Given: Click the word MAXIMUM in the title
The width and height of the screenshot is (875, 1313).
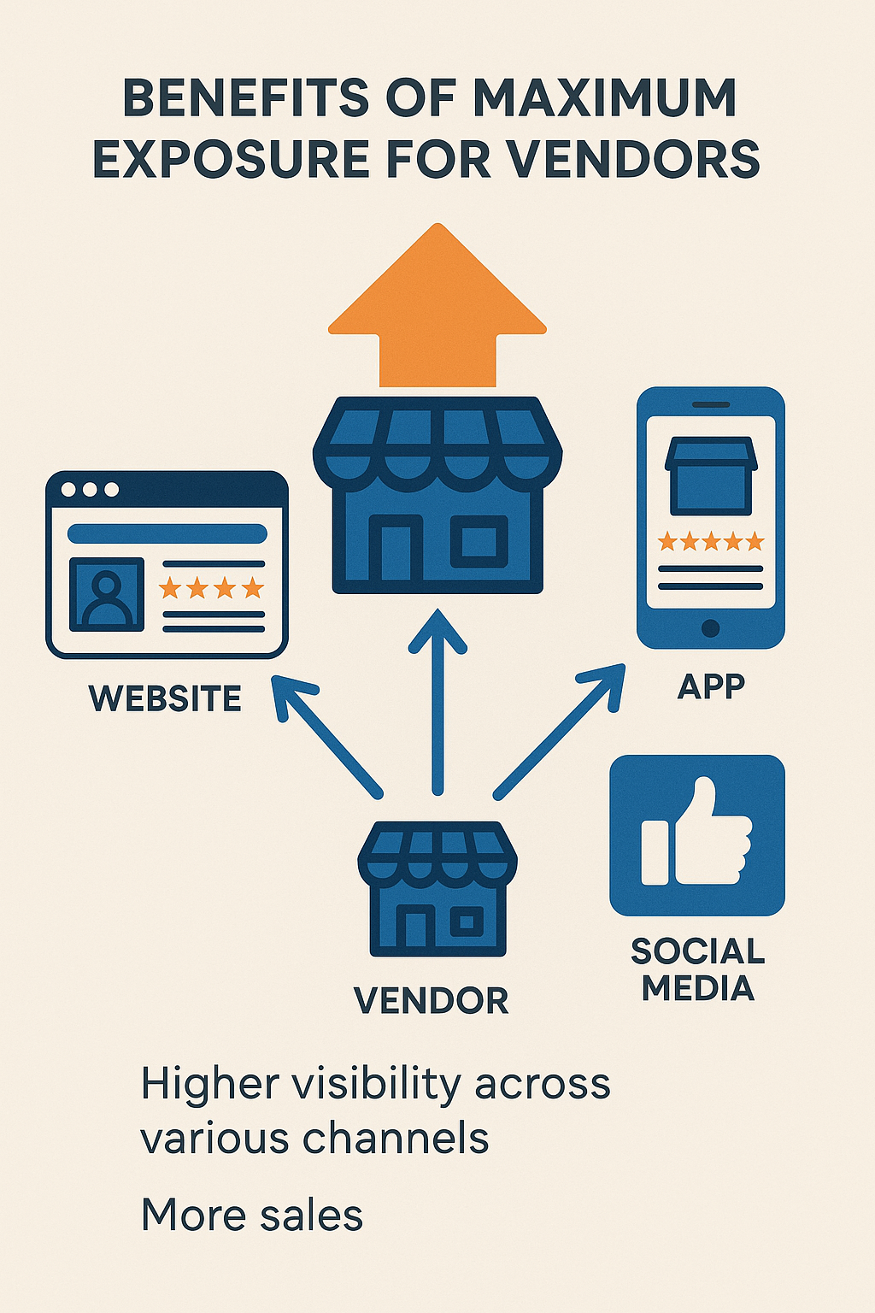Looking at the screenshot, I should pos(605,97).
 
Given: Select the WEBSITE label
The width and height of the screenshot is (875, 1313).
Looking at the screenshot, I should pos(165,698).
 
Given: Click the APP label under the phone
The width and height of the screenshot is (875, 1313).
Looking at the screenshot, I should pos(711,686).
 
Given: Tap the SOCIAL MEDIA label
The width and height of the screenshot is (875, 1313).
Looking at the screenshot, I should pos(697,969).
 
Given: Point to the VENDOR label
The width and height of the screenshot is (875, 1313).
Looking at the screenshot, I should pos(432,1000).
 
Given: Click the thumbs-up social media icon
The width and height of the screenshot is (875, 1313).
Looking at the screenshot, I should pos(697,834).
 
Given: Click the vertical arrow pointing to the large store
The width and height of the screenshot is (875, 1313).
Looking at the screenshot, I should pos(437,701).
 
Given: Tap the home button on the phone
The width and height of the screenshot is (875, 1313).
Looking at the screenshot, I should pos(710,628).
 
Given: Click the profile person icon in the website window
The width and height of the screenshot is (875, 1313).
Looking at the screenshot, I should pos(106,593).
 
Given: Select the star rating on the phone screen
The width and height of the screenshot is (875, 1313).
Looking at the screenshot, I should pos(710,541).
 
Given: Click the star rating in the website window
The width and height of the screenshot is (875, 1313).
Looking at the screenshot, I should pos(211,588).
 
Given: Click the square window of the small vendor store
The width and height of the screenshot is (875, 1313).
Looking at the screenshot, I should pos(467,922).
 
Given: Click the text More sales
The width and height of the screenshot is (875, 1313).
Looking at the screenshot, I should pos(252,1215).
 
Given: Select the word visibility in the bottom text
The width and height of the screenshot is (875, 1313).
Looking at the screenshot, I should pos(376,1084).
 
